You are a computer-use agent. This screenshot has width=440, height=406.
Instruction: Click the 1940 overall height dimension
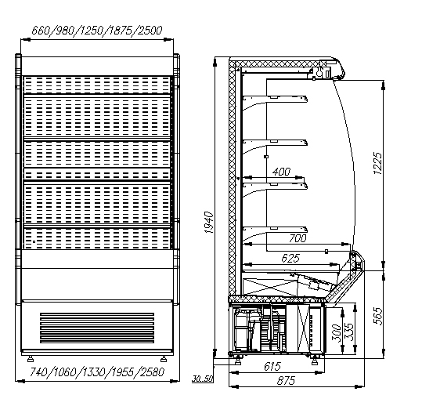coord(209,223)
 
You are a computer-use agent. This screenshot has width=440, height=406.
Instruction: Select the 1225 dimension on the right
coord(377,163)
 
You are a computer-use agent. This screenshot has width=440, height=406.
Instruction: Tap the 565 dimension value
coord(378,317)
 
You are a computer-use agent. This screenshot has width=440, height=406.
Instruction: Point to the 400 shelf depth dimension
coord(281,172)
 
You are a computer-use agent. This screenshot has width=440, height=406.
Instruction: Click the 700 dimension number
coord(298,238)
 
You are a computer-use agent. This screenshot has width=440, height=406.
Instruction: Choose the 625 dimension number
coord(290,258)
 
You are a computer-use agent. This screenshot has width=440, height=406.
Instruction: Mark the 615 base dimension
coord(272,366)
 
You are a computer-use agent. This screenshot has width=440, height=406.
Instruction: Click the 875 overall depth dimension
coord(286,381)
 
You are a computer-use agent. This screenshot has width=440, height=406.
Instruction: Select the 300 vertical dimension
coord(336,332)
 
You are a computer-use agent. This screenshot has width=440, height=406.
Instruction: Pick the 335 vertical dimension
coord(348,332)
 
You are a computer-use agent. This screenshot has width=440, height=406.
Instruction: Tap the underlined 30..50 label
coord(202,379)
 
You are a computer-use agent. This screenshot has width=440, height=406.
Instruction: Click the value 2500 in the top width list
coord(150,30)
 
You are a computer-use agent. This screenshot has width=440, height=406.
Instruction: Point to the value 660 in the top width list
coord(41,30)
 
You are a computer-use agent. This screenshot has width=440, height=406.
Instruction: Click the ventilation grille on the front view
coord(97,328)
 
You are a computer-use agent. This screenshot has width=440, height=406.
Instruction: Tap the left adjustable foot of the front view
coord(31,359)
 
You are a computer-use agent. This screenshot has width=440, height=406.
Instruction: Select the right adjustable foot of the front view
coord(164,359)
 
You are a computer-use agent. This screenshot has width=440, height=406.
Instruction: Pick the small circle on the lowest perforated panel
coord(34,241)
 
